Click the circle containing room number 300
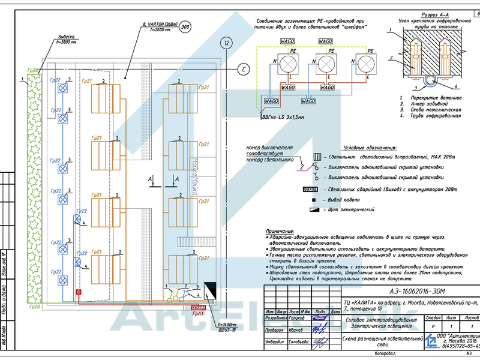[x=185, y=27]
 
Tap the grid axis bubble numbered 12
[x=226, y=43]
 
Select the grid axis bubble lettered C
[x=244, y=68]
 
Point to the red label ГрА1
[x=198, y=313]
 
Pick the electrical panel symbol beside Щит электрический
[x=313, y=209]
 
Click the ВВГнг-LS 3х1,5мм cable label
[x=283, y=118]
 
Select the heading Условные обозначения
[x=370, y=147]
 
